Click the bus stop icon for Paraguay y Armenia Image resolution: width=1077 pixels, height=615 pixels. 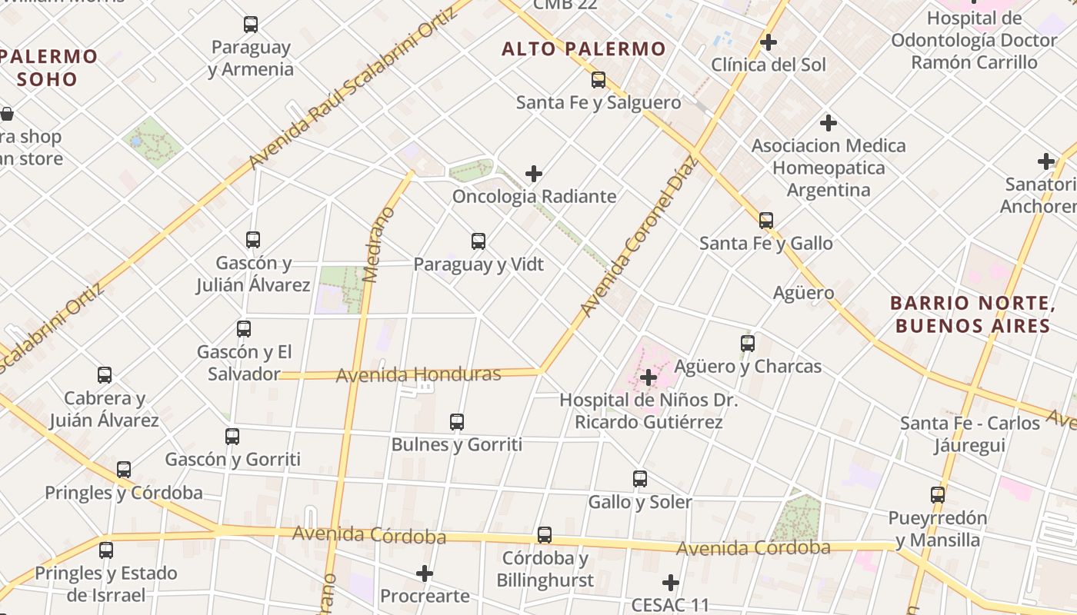tap(251, 25)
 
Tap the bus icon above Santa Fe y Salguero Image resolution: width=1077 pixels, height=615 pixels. tap(599, 80)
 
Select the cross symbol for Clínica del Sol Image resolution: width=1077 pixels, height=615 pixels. tap(768, 42)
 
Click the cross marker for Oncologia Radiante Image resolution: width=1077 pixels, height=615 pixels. tap(534, 175)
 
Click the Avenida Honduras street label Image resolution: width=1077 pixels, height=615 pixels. tap(418, 374)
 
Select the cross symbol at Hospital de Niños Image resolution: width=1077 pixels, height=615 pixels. tap(649, 377)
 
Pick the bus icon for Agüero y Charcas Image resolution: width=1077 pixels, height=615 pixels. tap(747, 344)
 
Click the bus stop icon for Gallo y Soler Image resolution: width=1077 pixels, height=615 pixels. tap(640, 479)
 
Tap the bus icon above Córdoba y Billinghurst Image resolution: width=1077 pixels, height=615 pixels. tap(545, 535)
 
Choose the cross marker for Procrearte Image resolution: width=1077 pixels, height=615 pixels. tap(425, 573)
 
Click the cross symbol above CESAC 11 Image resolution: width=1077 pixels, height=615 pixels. tap(671, 583)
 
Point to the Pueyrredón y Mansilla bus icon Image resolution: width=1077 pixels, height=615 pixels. tap(937, 495)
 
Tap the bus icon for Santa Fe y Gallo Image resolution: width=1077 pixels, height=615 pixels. tap(766, 221)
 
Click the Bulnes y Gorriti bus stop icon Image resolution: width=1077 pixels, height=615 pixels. tap(457, 422)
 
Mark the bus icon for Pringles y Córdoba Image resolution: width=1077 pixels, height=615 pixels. tap(124, 470)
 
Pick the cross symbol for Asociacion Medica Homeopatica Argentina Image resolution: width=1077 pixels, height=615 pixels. tap(829, 123)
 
